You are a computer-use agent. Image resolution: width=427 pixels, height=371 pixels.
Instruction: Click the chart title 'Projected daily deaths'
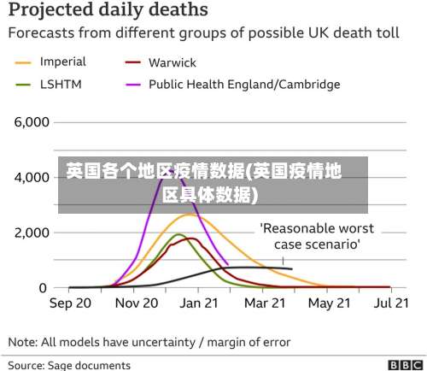click(x=108, y=11)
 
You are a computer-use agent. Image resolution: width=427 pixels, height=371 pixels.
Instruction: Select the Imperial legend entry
click(x=62, y=62)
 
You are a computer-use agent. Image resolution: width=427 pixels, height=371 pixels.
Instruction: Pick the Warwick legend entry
click(x=172, y=62)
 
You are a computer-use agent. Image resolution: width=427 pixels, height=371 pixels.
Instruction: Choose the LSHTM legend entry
click(x=61, y=85)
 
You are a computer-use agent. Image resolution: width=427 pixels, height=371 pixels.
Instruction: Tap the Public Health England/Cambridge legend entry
click(x=243, y=85)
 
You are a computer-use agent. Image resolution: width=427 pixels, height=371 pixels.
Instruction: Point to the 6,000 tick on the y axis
click(x=31, y=122)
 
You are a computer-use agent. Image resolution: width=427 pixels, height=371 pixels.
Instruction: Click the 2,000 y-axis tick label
click(x=31, y=233)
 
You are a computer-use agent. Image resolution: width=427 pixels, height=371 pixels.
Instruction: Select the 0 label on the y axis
click(x=42, y=288)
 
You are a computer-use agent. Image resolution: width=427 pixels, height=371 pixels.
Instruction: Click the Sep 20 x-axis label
click(x=71, y=303)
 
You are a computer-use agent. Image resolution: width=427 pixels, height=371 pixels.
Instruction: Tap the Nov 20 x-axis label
click(x=136, y=303)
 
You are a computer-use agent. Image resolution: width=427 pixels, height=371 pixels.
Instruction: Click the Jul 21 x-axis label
click(x=389, y=303)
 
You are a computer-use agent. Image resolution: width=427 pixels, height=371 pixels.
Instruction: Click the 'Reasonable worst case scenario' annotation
click(x=317, y=236)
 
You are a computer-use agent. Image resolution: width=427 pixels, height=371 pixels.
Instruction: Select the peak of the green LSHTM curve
click(x=178, y=234)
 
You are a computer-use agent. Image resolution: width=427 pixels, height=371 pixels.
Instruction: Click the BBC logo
click(x=405, y=365)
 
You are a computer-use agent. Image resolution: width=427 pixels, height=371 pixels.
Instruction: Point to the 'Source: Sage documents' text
click(x=69, y=365)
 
